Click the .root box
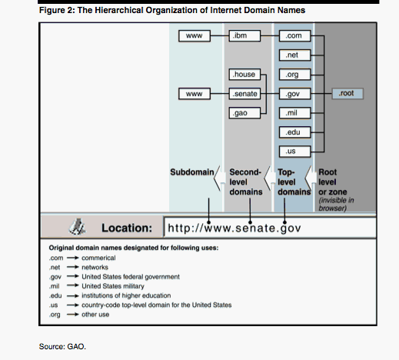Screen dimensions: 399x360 (x=347, y=93)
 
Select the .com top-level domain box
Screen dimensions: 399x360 (x=294, y=35)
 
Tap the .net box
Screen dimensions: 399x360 (x=294, y=55)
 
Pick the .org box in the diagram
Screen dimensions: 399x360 (x=294, y=75)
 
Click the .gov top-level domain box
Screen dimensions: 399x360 (x=294, y=94)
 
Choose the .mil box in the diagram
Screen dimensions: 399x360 (x=294, y=113)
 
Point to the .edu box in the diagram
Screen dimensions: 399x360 (x=294, y=132)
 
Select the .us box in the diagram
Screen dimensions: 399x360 (x=294, y=152)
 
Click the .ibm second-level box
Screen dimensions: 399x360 (x=244, y=35)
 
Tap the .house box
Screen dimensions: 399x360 (x=244, y=75)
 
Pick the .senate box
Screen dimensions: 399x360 (x=244, y=94)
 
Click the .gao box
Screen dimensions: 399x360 (x=244, y=113)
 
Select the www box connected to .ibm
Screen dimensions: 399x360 (x=195, y=35)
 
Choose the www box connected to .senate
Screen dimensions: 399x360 (x=195, y=94)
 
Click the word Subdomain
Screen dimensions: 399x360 (x=192, y=172)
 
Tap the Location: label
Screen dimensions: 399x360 (x=127, y=228)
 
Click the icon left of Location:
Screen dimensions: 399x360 (x=77, y=227)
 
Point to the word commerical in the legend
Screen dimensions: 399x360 (x=98, y=258)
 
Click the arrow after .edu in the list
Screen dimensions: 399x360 (x=73, y=295)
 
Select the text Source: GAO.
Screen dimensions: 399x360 (x=62, y=346)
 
